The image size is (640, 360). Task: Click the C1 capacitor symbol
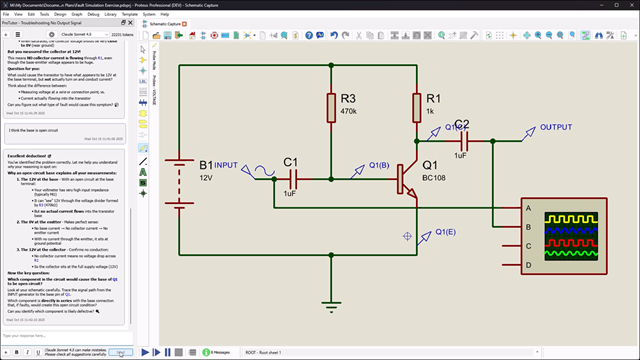click(x=290, y=177)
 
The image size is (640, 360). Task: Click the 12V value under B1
click(x=206, y=177)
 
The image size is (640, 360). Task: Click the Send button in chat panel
click(x=120, y=352)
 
